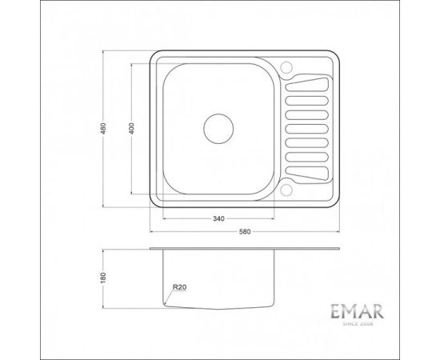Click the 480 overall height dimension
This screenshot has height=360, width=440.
[x=103, y=128]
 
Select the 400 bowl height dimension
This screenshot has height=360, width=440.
[x=132, y=128]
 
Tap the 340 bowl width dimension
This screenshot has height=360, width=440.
[x=218, y=218]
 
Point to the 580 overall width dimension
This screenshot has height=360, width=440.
[x=245, y=232]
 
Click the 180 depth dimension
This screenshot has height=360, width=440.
[x=103, y=278]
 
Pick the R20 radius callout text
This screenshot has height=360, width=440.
[x=179, y=287]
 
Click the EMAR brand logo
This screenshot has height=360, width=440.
[x=358, y=311]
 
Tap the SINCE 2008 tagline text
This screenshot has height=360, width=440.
[x=358, y=324]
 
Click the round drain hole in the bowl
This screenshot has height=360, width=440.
[x=218, y=129]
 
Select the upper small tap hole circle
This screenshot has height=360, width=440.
[x=286, y=67]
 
